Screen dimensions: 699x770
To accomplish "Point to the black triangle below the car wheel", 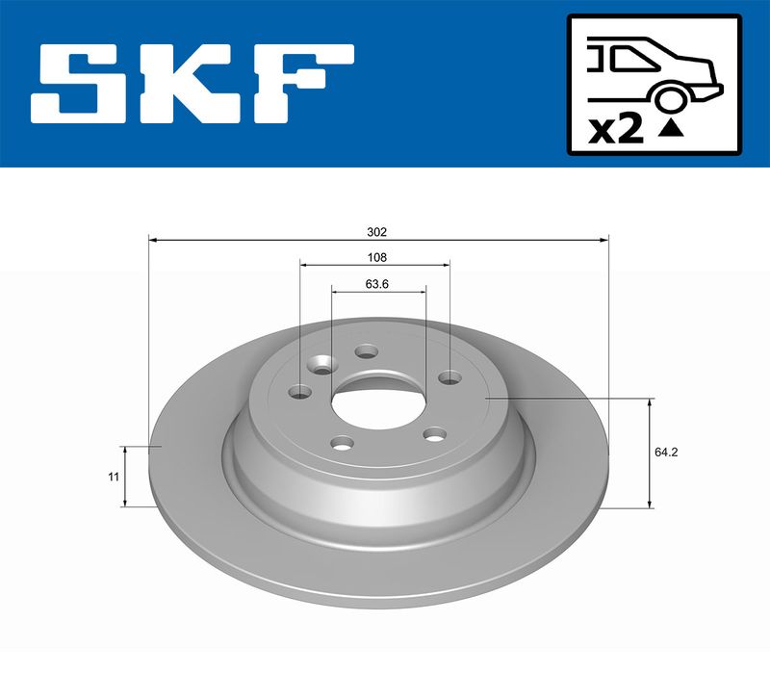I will [673, 126].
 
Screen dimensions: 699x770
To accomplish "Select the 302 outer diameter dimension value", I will [377, 232].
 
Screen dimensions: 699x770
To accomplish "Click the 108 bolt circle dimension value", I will [377, 257].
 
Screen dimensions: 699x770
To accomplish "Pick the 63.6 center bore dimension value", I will [377, 283].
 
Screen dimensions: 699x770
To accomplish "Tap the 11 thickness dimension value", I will [114, 477].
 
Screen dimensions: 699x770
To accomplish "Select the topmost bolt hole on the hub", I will [365, 351].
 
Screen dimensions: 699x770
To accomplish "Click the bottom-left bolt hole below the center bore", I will [342, 443].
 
